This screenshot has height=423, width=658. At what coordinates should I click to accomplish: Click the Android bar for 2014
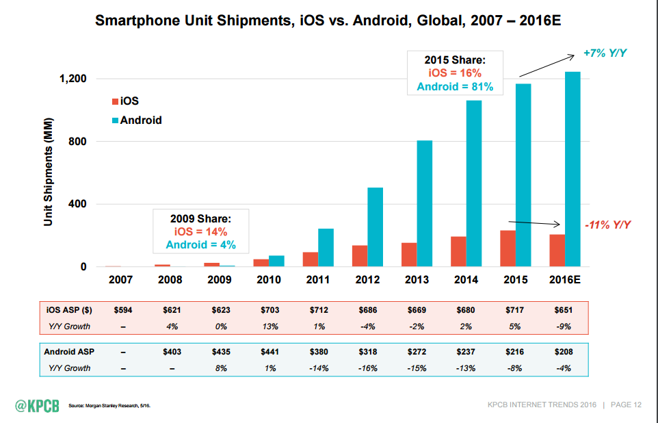click(x=474, y=183)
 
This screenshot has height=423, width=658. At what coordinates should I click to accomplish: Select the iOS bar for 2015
click(x=508, y=248)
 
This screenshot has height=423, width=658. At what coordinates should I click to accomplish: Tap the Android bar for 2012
click(x=376, y=227)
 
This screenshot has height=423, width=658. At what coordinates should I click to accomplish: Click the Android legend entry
click(x=136, y=120)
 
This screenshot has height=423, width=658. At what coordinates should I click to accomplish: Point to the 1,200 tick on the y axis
click(x=72, y=79)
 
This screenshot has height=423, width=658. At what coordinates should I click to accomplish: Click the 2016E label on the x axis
click(x=565, y=280)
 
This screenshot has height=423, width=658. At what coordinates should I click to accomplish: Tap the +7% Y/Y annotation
click(x=605, y=53)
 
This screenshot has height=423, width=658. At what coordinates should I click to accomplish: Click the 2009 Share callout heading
click(x=200, y=219)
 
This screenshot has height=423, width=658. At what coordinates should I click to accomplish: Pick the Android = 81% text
click(x=455, y=87)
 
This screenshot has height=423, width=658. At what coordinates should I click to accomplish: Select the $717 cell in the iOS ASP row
click(x=516, y=310)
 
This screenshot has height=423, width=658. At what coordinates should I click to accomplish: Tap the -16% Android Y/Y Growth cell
click(x=367, y=368)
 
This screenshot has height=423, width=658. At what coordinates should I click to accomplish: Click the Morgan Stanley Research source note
click(x=109, y=406)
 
